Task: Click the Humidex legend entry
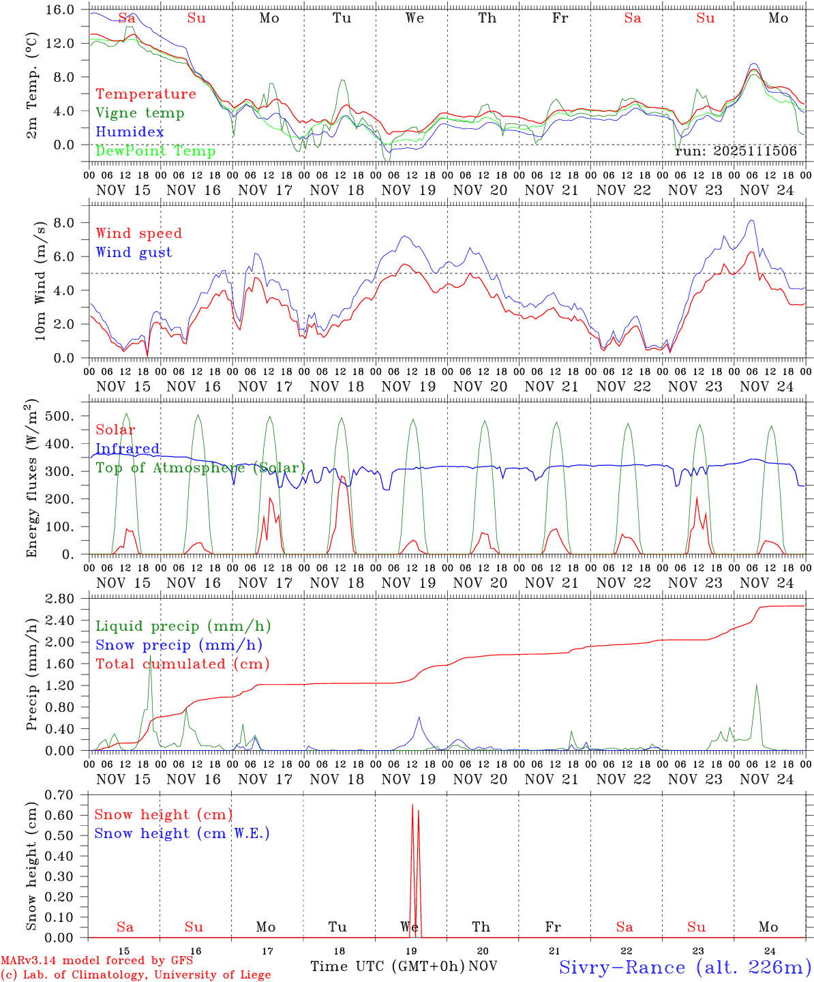[130, 132]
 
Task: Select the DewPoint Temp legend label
[155, 151]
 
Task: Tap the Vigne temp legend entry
[140, 113]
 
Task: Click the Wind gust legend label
[134, 252]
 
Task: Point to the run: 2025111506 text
[736, 151]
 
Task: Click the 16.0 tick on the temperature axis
[59, 10]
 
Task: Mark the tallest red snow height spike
[412, 805]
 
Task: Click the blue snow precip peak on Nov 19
[419, 717]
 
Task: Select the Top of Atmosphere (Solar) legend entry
[200, 468]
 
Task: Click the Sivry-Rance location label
[684, 966]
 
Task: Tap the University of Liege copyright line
[136, 974]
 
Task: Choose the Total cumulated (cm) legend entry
[182, 664]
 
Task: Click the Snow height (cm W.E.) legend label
[182, 833]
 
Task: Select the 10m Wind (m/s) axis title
[40, 280]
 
